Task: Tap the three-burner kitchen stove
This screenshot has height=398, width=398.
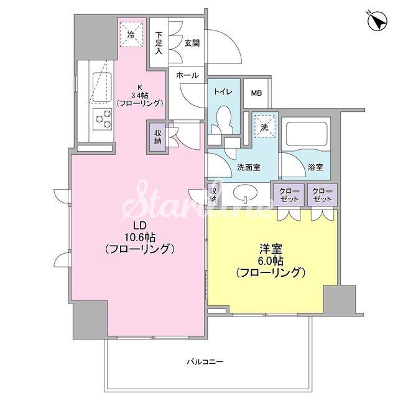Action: pyautogui.click(x=101, y=118)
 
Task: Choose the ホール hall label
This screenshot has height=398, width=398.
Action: pyautogui.click(x=187, y=75)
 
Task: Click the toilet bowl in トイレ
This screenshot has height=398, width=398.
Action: pyautogui.click(x=223, y=118)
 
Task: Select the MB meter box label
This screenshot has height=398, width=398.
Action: pyautogui.click(x=256, y=93)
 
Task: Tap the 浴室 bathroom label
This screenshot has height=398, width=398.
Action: pyautogui.click(x=315, y=167)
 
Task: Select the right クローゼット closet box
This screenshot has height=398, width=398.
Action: pyautogui.click(x=322, y=195)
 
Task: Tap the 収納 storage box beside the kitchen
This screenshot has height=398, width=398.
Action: pyautogui.click(x=157, y=137)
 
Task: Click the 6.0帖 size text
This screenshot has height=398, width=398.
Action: pyautogui.click(x=271, y=259)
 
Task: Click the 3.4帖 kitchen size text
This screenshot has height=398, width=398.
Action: pyautogui.click(x=140, y=95)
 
